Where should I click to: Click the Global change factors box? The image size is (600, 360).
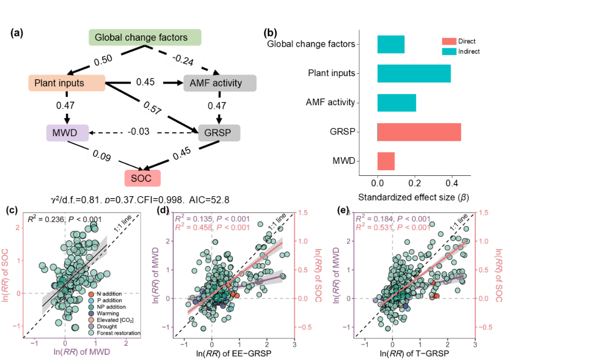[145, 38]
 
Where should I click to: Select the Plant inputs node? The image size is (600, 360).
[66, 83]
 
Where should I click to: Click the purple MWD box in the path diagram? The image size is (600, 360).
[67, 133]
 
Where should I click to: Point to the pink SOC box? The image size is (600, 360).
[142, 178]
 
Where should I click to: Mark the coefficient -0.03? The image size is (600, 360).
[139, 132]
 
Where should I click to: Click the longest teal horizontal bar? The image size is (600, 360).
[414, 74]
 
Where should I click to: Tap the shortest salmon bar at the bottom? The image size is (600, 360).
[386, 161]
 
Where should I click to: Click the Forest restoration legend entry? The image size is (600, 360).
[118, 333]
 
